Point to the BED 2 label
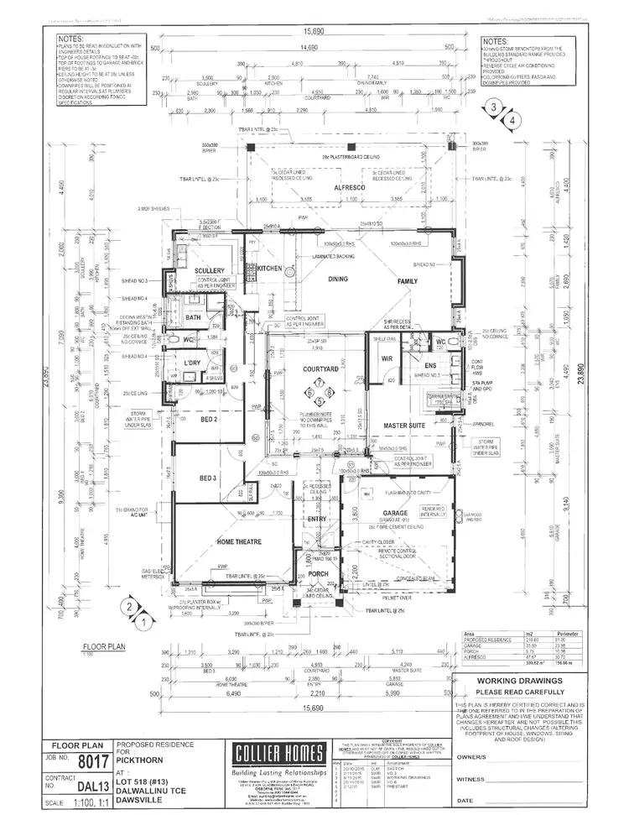tap(209, 418)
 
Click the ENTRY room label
tap(317, 519)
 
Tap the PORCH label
tap(317, 575)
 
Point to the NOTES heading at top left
tap(70, 39)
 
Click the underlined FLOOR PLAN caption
tap(103, 646)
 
